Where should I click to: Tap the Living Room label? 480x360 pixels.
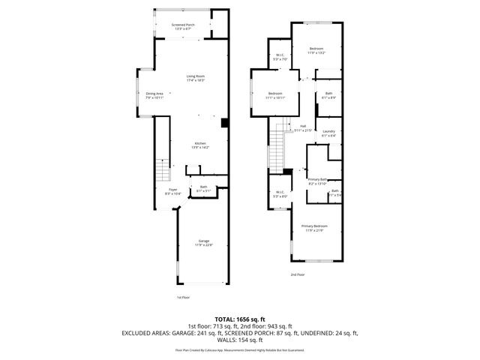[196, 76]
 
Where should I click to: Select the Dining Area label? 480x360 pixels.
[154, 95]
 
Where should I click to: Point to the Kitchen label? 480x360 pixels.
[200, 145]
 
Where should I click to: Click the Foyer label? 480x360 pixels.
[172, 191]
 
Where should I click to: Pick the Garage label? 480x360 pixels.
[204, 242]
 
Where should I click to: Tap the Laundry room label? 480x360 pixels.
[328, 133]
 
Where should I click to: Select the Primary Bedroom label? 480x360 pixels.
[315, 227]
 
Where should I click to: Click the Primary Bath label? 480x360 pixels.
[318, 181]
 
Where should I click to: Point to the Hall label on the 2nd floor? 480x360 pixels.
[303, 127]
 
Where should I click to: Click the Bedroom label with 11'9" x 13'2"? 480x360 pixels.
[316, 50]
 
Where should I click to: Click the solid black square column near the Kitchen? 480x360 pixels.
[224, 122]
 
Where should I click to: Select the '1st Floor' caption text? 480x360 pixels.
[184, 297]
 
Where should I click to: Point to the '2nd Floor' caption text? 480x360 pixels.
[298, 275]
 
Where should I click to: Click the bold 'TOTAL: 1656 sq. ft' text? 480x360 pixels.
[241, 319]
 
